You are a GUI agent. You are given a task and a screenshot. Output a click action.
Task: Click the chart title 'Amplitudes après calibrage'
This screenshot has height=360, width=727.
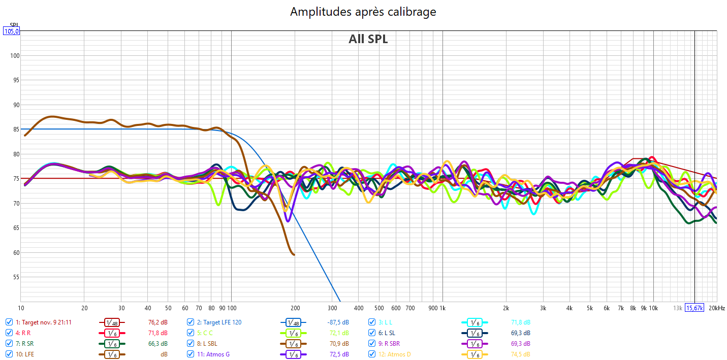[x=363, y=12]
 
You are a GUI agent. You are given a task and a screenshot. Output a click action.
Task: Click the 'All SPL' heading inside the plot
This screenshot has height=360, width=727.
[x=368, y=39]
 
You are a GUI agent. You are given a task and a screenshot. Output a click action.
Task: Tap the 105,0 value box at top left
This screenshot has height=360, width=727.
[x=12, y=31]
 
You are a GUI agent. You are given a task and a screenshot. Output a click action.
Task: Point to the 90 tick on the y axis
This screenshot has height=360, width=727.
[x=15, y=105]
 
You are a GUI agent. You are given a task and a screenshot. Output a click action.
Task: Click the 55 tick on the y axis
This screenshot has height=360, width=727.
[x=15, y=277]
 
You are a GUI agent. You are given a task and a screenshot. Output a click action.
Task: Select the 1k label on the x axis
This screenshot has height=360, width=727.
[x=442, y=308]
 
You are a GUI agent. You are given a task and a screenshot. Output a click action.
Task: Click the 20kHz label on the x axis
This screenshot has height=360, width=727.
[x=716, y=308]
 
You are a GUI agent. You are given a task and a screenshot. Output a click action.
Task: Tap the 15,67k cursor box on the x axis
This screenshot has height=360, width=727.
[x=694, y=308]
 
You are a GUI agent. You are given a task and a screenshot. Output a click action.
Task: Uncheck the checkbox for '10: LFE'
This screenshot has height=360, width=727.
[x=9, y=354]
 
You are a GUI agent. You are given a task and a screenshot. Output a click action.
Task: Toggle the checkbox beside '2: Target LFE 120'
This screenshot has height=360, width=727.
[x=191, y=322]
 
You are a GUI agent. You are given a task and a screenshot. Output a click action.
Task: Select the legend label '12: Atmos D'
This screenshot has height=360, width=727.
[x=395, y=354]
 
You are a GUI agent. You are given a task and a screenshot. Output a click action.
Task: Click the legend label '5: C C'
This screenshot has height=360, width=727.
[x=205, y=333]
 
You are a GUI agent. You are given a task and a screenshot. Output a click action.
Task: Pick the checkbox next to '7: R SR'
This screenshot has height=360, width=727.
[x=9, y=343]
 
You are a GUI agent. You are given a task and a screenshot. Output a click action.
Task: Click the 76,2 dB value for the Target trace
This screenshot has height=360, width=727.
[x=157, y=322]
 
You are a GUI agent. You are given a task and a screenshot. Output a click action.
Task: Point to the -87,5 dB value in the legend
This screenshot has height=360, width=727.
[x=338, y=322]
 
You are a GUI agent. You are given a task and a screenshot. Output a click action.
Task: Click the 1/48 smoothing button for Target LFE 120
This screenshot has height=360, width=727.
[x=293, y=322]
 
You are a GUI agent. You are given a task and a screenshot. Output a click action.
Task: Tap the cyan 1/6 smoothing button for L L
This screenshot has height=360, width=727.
[x=474, y=322]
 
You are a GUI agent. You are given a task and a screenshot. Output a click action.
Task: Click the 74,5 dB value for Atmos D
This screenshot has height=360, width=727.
[x=520, y=354]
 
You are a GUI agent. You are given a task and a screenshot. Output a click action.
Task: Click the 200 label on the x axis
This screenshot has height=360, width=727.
[x=294, y=308]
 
